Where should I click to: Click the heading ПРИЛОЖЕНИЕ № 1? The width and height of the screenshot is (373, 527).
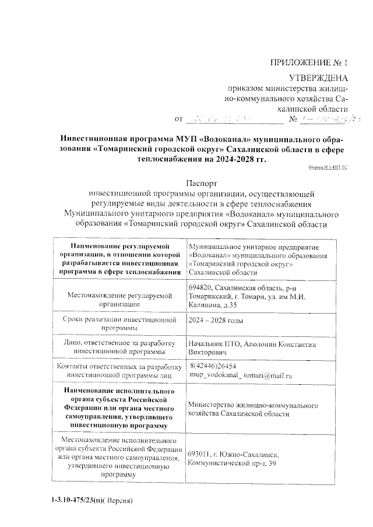pyautogui.click(x=309, y=62)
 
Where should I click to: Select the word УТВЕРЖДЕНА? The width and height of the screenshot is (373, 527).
pyautogui.click(x=319, y=78)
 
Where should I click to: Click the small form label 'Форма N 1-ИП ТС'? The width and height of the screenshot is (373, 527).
pyautogui.click(x=328, y=167)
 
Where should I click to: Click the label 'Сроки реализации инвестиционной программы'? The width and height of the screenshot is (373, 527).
pyautogui.click(x=118, y=325)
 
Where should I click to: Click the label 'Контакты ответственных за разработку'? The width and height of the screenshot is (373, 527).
pyautogui.click(x=118, y=366)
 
